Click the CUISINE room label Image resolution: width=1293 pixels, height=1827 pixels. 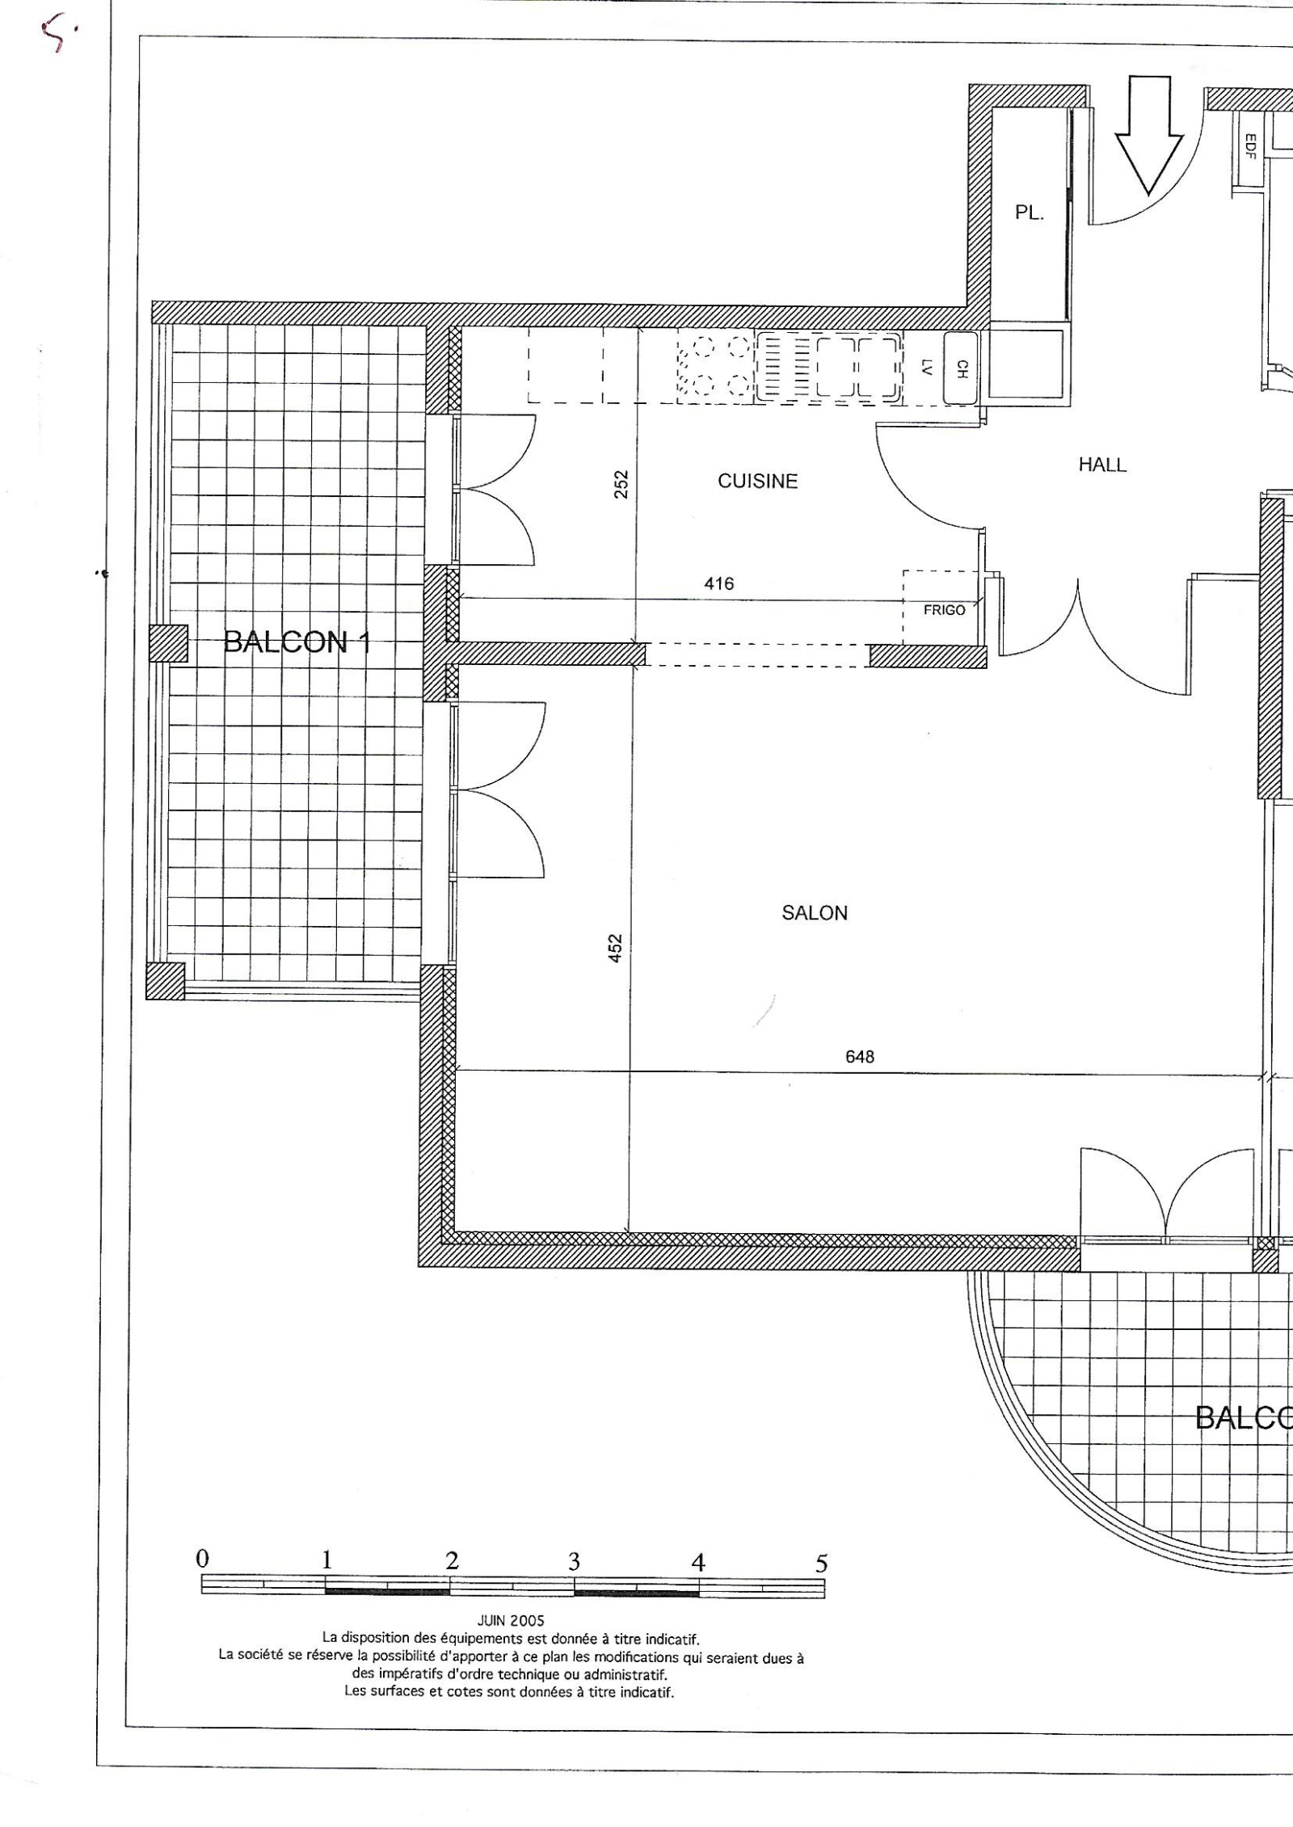tap(757, 482)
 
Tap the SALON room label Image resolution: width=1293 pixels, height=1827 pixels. tap(815, 913)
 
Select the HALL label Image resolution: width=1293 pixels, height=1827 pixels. tap(1102, 465)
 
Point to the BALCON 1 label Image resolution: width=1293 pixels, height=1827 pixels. tap(297, 642)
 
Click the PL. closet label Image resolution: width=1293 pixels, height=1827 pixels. tap(1030, 213)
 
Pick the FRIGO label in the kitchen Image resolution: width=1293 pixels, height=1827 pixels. tap(944, 610)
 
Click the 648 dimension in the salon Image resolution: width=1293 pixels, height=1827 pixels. tap(860, 1056)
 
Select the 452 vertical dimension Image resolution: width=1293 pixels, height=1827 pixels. tap(616, 948)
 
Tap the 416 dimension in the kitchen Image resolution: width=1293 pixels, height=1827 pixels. tap(719, 583)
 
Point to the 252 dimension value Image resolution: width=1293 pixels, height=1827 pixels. tap(621, 485)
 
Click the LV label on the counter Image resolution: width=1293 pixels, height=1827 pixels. tap(927, 368)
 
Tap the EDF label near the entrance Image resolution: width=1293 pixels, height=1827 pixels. tap(1249, 146)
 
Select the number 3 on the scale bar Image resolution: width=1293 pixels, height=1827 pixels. tap(574, 1561)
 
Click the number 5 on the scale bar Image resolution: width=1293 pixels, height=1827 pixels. tap(821, 1564)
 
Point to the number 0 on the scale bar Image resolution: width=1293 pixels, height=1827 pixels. tap(203, 1558)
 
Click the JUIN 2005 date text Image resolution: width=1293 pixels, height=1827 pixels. tap(511, 1621)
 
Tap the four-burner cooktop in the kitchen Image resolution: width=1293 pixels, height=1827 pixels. tap(715, 366)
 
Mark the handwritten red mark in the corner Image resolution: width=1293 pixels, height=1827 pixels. tap(58, 34)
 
